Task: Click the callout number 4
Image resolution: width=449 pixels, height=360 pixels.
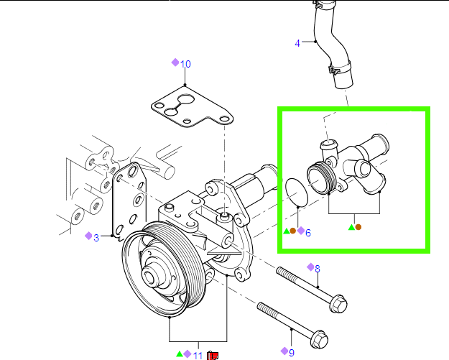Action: (297, 44)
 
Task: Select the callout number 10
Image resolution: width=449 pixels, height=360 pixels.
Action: (185, 64)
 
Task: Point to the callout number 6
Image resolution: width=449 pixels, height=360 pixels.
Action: (308, 232)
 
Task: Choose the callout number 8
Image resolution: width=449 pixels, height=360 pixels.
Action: (318, 269)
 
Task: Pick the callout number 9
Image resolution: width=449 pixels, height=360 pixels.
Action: (292, 352)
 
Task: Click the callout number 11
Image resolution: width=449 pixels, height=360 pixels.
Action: (198, 355)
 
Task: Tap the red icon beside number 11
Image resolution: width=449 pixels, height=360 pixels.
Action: (213, 355)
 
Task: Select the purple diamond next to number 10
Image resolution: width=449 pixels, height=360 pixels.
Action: (175, 63)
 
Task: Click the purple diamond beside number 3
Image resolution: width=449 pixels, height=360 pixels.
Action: (88, 236)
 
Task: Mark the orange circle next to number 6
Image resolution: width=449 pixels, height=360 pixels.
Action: (293, 231)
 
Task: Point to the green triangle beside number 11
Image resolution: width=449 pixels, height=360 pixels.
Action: (179, 355)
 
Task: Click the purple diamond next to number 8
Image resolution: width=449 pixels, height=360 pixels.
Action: (310, 267)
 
